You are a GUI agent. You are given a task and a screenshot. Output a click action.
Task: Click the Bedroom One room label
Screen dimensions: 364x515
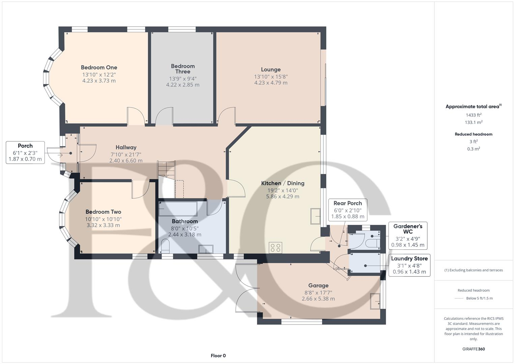[99, 67]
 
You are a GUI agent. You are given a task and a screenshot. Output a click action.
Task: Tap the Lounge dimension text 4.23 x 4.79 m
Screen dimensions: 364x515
[271, 83]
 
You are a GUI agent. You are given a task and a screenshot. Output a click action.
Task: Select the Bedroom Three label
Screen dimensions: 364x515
[182, 69]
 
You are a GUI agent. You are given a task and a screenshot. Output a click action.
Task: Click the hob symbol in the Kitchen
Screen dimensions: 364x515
[276, 248]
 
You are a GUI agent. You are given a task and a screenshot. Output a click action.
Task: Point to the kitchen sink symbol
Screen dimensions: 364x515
[316, 216]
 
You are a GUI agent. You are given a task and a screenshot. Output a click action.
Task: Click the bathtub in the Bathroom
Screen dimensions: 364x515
[178, 209]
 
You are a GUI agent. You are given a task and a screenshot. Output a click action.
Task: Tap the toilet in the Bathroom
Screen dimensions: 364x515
[165, 246]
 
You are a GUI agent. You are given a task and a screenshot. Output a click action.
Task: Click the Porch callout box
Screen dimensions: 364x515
[25, 153]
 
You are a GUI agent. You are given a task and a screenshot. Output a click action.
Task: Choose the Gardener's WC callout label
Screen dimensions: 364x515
[408, 229]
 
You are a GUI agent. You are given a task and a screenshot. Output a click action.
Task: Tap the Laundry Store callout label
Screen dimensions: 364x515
[409, 259]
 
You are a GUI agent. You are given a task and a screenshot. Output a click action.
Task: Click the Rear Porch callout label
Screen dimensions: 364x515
[347, 203]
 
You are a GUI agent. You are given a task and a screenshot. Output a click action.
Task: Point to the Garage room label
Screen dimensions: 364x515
[318, 285]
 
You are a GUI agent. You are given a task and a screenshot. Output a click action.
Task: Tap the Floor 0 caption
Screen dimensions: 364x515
[218, 356]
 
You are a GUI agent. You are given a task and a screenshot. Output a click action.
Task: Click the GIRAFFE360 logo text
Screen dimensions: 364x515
[473, 349]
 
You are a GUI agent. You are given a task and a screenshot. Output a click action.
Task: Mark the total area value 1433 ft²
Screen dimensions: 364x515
[473, 115]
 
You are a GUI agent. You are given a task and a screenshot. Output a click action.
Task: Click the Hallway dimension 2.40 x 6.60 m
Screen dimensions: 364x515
[126, 161]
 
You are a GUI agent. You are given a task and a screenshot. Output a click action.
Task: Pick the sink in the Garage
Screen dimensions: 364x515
[375, 301]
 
